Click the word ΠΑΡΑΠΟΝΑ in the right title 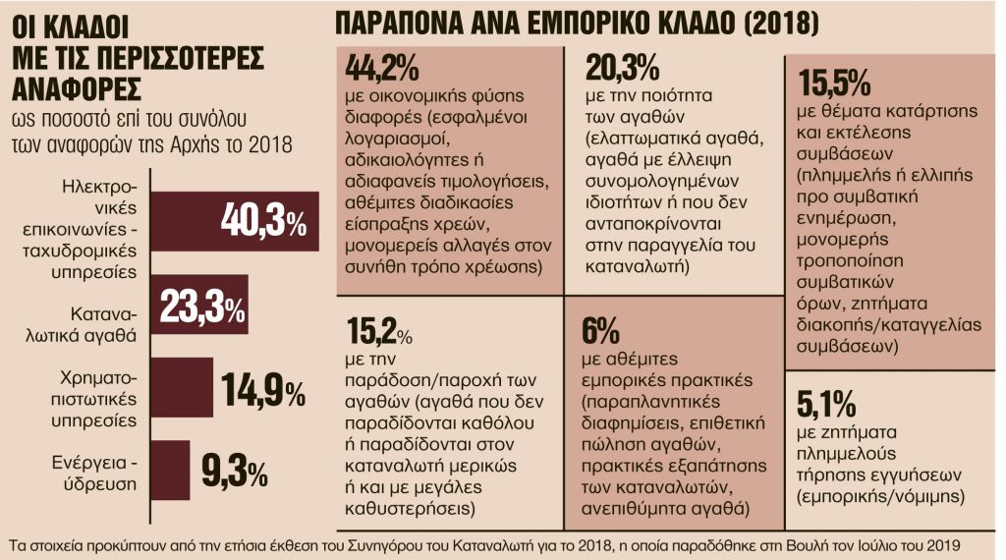[x=404, y=23]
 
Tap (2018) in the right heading [x=773, y=23]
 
